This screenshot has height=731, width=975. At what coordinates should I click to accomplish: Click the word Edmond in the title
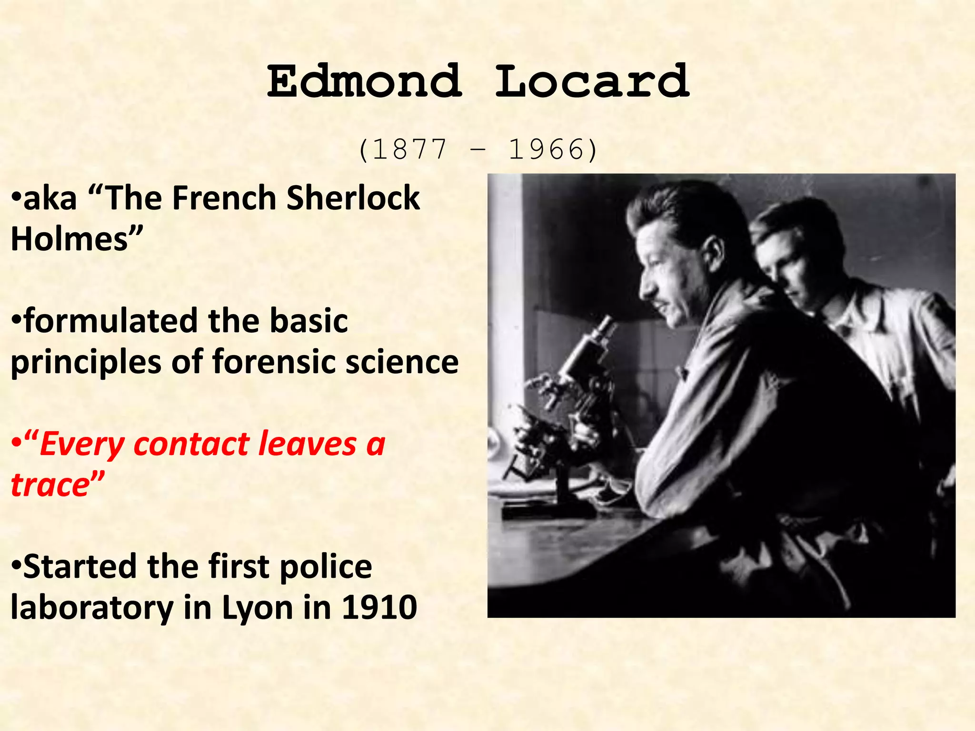tap(364, 82)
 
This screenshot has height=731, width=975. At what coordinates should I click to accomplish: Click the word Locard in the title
tap(592, 82)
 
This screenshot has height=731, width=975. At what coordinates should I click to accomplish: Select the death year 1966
tap(546, 149)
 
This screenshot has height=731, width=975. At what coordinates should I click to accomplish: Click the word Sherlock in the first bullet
tap(353, 198)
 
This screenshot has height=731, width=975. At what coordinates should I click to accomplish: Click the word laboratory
tap(92, 608)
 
